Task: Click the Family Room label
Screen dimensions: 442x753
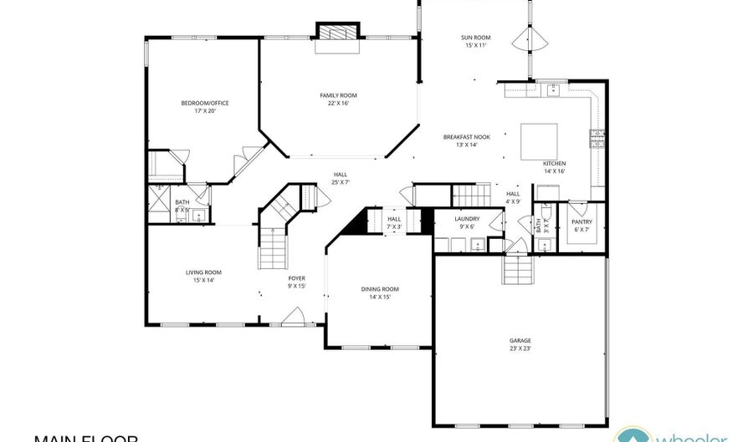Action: point(338,95)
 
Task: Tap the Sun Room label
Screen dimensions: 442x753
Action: point(475,38)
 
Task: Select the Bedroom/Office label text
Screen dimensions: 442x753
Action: point(205,103)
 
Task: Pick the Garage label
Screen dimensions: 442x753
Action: point(520,340)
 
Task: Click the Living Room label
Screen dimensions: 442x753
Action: point(203,272)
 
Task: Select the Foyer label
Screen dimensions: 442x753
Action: point(297,278)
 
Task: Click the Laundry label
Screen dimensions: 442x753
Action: point(467,218)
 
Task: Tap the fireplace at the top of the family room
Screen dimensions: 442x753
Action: point(338,33)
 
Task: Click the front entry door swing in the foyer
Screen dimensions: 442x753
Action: point(292,317)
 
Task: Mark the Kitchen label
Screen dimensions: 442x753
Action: point(555,162)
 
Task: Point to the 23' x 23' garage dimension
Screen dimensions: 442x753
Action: point(520,348)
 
